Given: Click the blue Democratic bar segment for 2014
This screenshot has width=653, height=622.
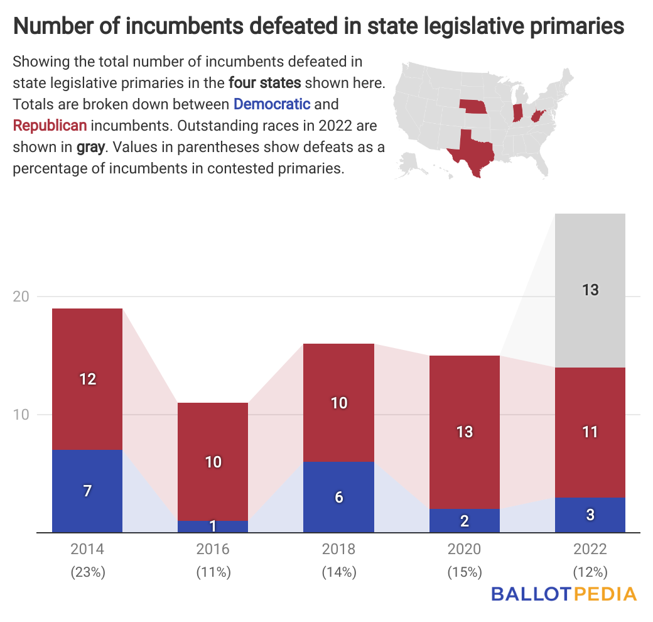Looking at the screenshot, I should pyautogui.click(x=87, y=491).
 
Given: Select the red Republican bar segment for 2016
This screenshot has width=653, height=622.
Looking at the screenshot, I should pyautogui.click(x=213, y=461).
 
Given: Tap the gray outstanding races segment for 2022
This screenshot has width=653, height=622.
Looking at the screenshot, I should pyautogui.click(x=590, y=290).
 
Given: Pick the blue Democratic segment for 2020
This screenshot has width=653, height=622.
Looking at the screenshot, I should pyautogui.click(x=464, y=520).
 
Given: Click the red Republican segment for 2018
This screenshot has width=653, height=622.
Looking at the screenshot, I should pyautogui.click(x=338, y=403).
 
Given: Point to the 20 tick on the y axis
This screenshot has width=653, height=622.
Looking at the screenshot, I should pyautogui.click(x=22, y=297).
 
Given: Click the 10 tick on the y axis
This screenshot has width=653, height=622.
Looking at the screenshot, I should pyautogui.click(x=22, y=415).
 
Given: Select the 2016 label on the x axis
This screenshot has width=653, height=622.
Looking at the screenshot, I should pyautogui.click(x=213, y=549).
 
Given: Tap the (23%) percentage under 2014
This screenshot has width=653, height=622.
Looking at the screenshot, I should pyautogui.click(x=87, y=572).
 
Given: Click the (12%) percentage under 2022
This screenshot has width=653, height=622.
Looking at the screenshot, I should pyautogui.click(x=590, y=572).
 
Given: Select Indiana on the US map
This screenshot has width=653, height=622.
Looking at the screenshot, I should pyautogui.click(x=517, y=112).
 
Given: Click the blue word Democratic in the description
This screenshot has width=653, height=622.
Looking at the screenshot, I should pyautogui.click(x=272, y=104).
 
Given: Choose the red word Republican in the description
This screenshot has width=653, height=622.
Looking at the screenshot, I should pyautogui.click(x=50, y=126).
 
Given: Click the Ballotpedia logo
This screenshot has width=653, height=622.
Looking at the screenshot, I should pyautogui.click(x=564, y=594).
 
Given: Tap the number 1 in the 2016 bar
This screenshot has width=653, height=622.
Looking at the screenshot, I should pyautogui.click(x=213, y=525).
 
